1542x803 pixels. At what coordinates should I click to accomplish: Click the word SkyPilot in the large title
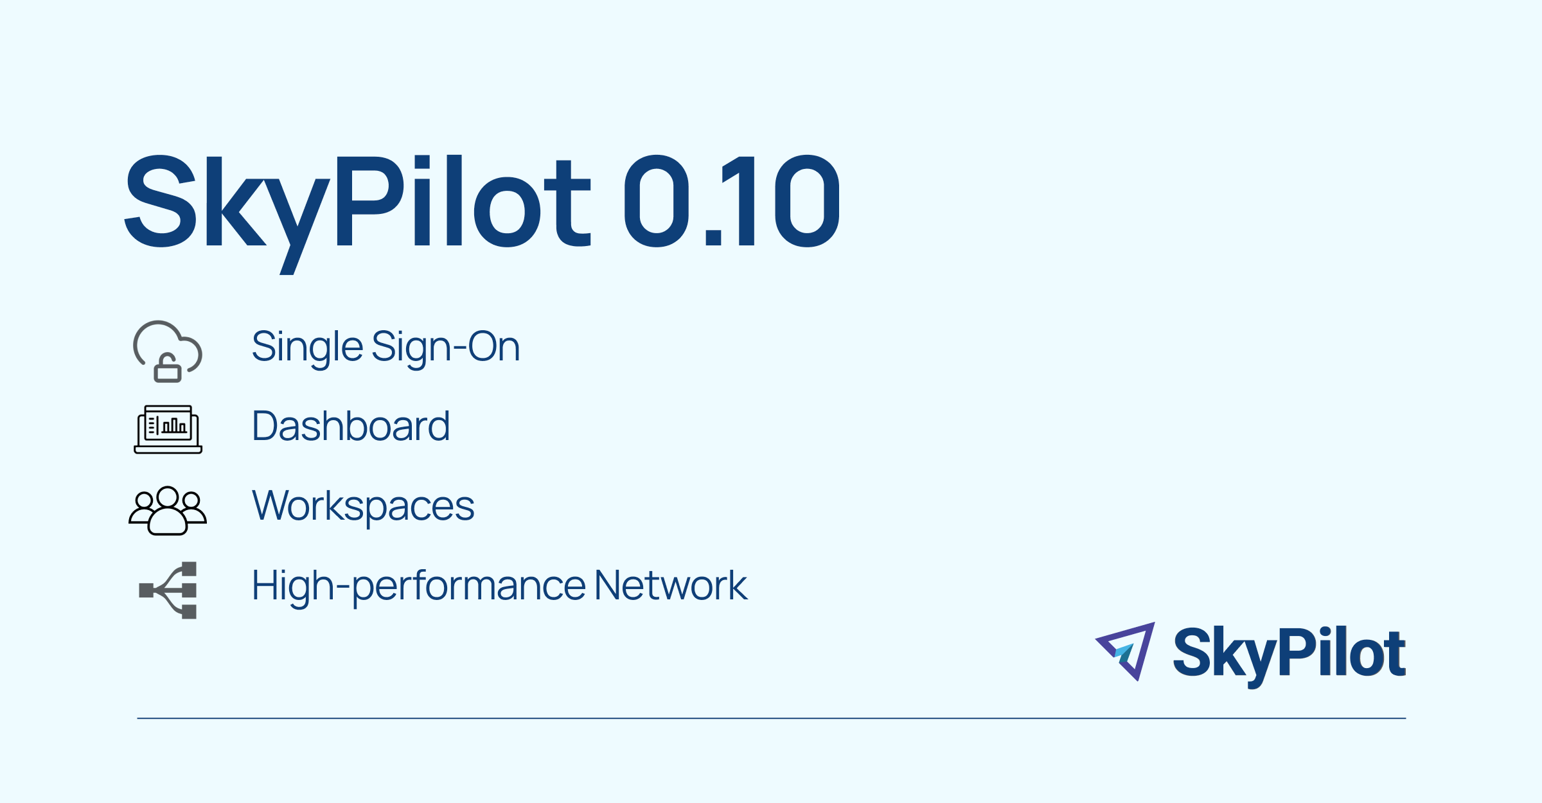click(x=357, y=202)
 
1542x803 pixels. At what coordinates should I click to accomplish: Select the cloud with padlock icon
click(x=168, y=351)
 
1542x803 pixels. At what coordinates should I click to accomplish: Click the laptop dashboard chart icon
click(x=168, y=429)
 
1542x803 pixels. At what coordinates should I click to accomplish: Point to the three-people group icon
click(x=168, y=510)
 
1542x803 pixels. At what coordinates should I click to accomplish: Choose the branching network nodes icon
click(x=168, y=590)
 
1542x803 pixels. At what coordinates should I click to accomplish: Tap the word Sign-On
click(x=445, y=347)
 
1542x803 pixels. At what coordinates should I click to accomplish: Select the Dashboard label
click(x=351, y=426)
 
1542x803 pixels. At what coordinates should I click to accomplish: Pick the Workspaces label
click(x=363, y=506)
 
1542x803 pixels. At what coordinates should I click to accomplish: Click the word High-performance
click(x=418, y=586)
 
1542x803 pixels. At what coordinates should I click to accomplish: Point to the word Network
click(x=671, y=585)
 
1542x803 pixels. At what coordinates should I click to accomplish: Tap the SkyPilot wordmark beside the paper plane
click(x=1289, y=654)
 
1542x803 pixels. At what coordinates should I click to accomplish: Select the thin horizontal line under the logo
click(x=771, y=718)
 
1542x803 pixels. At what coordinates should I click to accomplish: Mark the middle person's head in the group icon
click(x=168, y=497)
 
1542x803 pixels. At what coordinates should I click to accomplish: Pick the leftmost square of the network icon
click(x=146, y=590)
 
